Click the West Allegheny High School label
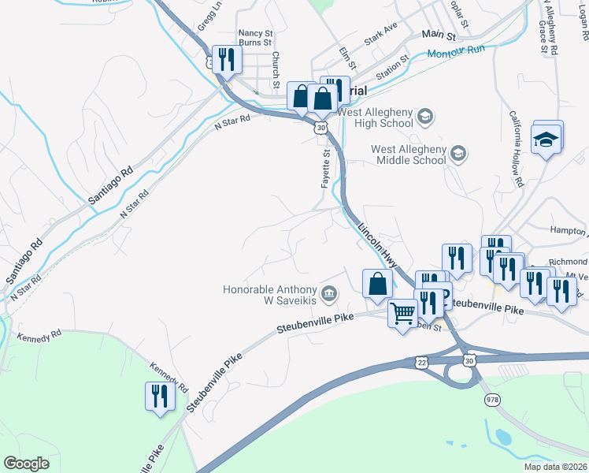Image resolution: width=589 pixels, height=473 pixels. (x=376, y=117)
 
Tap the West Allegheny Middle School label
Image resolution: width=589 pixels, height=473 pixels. (x=409, y=155)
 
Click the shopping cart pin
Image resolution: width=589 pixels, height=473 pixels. (x=402, y=315)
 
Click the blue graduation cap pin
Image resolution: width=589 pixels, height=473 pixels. (x=546, y=140)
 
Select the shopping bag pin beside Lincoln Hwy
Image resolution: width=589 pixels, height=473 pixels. (x=377, y=284)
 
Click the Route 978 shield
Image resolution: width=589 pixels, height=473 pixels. (x=492, y=400)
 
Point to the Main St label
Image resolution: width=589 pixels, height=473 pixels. (x=439, y=35)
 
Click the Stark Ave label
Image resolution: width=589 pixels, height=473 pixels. (x=381, y=39)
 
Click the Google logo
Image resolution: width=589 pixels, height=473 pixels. (x=26, y=464)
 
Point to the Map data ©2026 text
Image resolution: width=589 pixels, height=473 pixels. (x=555, y=467)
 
